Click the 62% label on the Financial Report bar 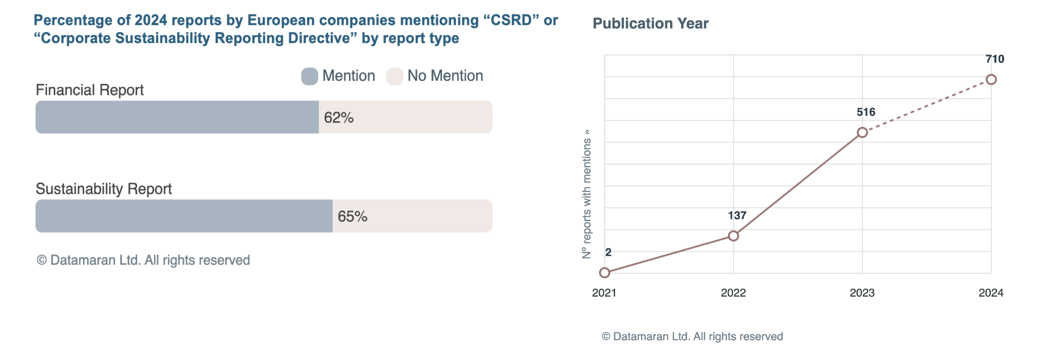(x=338, y=118)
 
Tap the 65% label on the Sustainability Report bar (x=352, y=217)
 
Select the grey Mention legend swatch (x=309, y=76)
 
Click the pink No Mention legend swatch (x=394, y=76)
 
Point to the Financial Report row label (x=90, y=90)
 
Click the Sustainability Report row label (x=104, y=189)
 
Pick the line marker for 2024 (x=991, y=80)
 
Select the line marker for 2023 (x=862, y=133)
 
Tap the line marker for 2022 (x=733, y=236)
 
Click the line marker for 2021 (x=604, y=273)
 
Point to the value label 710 (x=995, y=59)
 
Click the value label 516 (x=866, y=112)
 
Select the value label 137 (x=737, y=216)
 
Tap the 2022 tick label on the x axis (x=733, y=293)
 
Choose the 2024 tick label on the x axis (x=990, y=293)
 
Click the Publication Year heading (x=650, y=24)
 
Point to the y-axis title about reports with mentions (x=587, y=194)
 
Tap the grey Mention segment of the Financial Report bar (x=177, y=117)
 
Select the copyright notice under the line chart (x=692, y=336)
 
